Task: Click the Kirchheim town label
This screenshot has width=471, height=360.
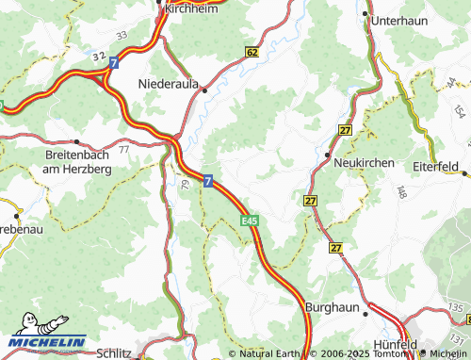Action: coord(191,7)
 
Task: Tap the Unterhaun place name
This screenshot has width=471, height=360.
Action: coord(399,19)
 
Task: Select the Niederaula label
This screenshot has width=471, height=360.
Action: coord(169,84)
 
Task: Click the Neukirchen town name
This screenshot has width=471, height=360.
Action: coord(364,163)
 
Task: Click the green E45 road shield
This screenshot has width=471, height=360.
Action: coord(249,221)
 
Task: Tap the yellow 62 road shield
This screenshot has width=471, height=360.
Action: coord(251,52)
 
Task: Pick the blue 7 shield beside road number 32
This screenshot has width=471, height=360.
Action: coord(113,62)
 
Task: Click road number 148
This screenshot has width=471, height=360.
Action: coord(402,192)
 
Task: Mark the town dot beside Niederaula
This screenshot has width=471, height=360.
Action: coord(203,90)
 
